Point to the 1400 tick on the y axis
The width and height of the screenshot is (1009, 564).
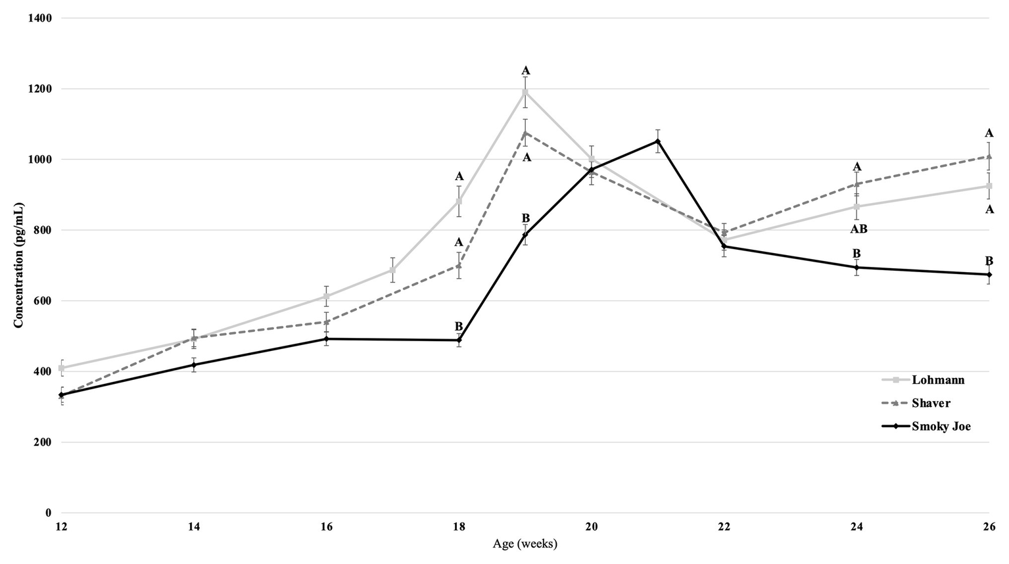click(x=39, y=18)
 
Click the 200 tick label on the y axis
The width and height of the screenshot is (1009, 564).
click(x=43, y=442)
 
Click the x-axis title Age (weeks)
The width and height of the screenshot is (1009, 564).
click(x=525, y=544)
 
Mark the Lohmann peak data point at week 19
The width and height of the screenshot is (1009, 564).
click(x=525, y=92)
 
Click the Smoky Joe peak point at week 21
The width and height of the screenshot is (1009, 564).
click(x=658, y=141)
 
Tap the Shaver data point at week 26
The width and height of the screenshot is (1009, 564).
click(x=989, y=156)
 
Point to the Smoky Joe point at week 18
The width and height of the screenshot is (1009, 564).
click(x=459, y=341)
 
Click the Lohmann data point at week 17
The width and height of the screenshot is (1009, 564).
click(x=392, y=270)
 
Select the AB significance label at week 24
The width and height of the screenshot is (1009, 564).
click(x=858, y=229)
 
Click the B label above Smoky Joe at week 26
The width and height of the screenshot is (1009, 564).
click(x=989, y=260)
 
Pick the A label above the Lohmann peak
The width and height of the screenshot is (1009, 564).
click(x=525, y=70)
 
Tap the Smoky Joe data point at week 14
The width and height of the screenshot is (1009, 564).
click(x=194, y=365)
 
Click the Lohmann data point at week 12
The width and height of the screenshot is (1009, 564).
click(x=62, y=368)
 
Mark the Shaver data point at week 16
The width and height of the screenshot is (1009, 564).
click(x=327, y=322)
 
